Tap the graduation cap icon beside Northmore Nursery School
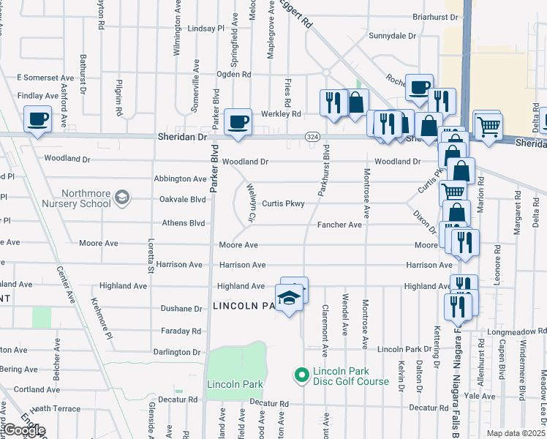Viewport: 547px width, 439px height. [x=121, y=198]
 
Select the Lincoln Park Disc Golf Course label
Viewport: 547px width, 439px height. [x=351, y=376]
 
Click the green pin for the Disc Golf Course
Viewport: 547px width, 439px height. [x=300, y=376]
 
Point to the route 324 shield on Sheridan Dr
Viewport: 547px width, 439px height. [x=312, y=137]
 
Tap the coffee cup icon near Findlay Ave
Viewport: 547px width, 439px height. [x=38, y=119]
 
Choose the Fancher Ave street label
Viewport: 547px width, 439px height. [x=339, y=225]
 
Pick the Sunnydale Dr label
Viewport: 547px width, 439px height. [x=392, y=35]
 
